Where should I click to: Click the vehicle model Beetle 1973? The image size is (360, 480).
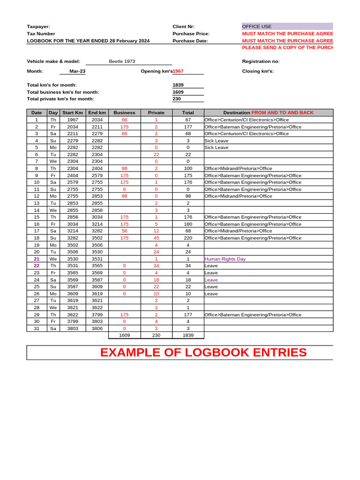pyautogui.click(x=122, y=61)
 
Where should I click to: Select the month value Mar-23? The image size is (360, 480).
pyautogui.click(x=77, y=71)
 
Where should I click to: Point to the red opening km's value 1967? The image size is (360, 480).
pyautogui.click(x=178, y=71)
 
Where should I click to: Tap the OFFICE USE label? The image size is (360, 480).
pyautogui.click(x=256, y=27)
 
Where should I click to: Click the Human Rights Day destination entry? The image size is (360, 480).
pyautogui.click(x=225, y=259)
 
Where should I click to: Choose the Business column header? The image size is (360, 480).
pyautogui.click(x=124, y=112)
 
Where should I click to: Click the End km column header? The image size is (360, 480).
pyautogui.click(x=97, y=112)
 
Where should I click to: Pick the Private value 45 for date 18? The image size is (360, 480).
pyautogui.click(x=156, y=238)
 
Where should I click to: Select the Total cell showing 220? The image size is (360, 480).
pyautogui.click(x=188, y=238)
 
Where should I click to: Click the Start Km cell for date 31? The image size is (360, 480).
pyautogui.click(x=73, y=329)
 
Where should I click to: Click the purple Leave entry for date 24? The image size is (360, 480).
pyautogui.click(x=211, y=280)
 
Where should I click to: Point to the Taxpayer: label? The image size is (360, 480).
pyautogui.click(x=38, y=27)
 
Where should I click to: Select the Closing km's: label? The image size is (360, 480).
pyautogui.click(x=258, y=71)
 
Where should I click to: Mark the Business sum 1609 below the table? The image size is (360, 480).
pyautogui.click(x=124, y=336)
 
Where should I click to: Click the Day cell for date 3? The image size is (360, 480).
pyautogui.click(x=53, y=134)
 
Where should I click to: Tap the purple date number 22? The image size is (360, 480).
pyautogui.click(x=37, y=266)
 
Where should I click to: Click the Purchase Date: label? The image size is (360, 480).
pyautogui.click(x=190, y=41)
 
